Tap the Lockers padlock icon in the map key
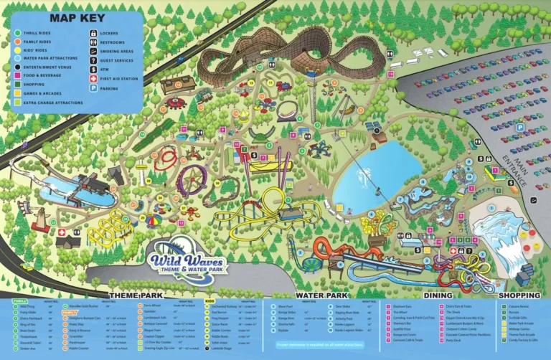(94, 33)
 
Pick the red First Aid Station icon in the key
(94, 76)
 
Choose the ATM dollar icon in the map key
(94, 65)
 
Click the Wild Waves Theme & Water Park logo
(187, 257)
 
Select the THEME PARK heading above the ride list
(136, 295)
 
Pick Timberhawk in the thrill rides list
(29, 336)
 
